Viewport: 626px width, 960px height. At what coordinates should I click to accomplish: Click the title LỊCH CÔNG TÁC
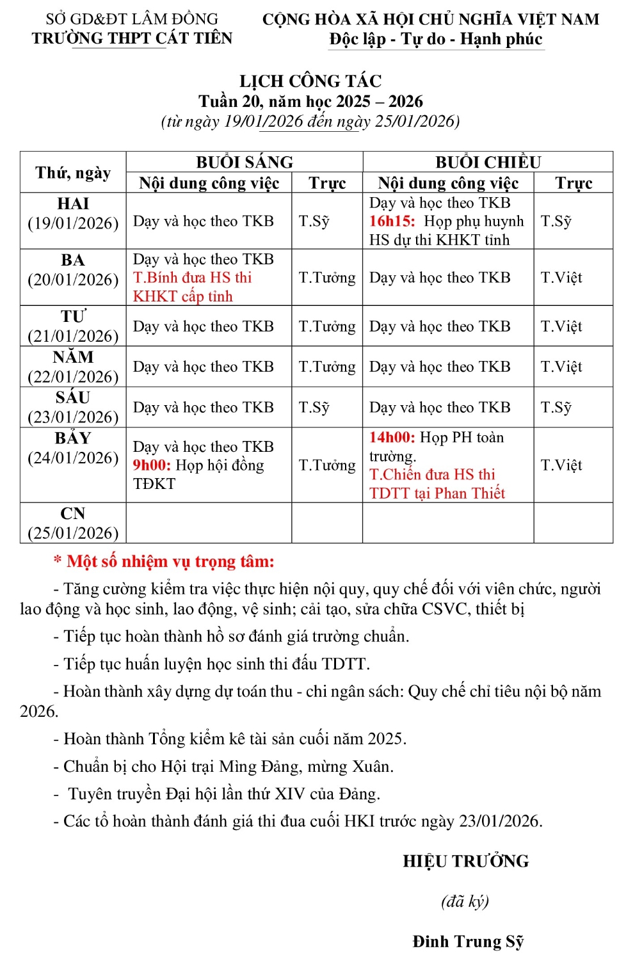[310, 81]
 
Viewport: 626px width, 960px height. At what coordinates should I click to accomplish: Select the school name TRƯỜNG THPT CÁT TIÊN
[132, 38]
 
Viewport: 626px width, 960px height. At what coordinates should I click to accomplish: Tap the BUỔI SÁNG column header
[245, 162]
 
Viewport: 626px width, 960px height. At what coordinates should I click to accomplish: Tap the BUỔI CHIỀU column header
[488, 162]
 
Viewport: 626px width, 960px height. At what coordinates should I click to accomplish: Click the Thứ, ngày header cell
[73, 173]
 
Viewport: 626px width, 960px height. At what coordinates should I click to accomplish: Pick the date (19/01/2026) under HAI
[73, 223]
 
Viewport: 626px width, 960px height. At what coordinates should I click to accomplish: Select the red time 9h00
[151, 465]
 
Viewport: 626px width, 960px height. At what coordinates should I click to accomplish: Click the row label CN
[73, 514]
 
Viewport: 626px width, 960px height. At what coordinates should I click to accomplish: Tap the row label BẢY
[73, 438]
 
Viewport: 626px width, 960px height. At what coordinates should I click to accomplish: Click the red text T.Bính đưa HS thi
[192, 278]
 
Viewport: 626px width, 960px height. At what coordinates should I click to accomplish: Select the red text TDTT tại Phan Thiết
[437, 493]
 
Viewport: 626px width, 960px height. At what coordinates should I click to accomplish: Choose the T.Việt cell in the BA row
[561, 278]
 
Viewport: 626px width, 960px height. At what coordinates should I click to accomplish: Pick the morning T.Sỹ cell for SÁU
[314, 408]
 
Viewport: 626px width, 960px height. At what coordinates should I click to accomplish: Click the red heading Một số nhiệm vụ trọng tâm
[170, 562]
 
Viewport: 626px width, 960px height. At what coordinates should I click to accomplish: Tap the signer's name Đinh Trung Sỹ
[468, 941]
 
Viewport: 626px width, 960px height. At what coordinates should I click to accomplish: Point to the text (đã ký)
[465, 901]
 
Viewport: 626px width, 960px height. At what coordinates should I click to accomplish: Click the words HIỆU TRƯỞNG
[466, 861]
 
